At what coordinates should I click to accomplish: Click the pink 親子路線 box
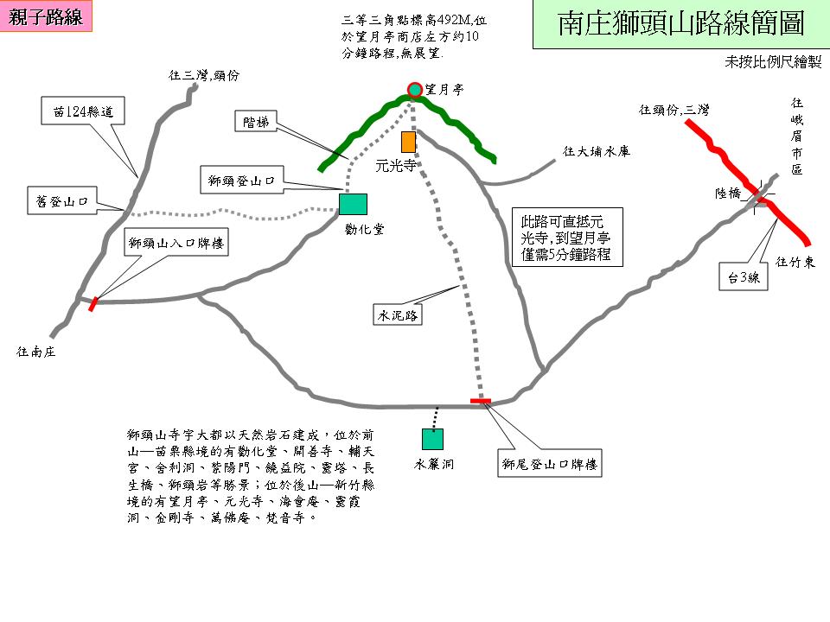pos(46,18)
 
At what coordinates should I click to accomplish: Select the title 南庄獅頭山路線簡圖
pos(680,24)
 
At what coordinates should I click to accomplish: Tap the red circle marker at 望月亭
pos(414,88)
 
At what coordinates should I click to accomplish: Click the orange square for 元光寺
pos(408,142)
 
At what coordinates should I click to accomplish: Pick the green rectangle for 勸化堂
pos(353,204)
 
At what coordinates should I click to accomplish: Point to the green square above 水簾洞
pos(432,439)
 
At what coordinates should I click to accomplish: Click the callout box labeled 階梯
pos(257,123)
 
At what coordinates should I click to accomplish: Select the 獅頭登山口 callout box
pos(241,182)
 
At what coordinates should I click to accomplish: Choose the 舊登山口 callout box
pos(58,203)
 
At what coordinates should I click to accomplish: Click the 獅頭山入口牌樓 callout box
pos(176,244)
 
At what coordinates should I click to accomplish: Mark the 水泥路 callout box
pos(398,315)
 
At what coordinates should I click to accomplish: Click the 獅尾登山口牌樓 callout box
pos(551,464)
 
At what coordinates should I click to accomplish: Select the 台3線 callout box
pos(744,277)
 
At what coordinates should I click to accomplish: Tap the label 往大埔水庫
pos(597,151)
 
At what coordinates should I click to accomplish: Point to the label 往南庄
pos(36,352)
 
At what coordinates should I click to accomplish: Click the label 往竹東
pos(795,262)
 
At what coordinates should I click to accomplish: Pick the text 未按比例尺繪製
pos(774,62)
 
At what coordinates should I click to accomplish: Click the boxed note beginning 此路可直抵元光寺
pos(566,236)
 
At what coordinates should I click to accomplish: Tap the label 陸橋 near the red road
pos(728,194)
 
